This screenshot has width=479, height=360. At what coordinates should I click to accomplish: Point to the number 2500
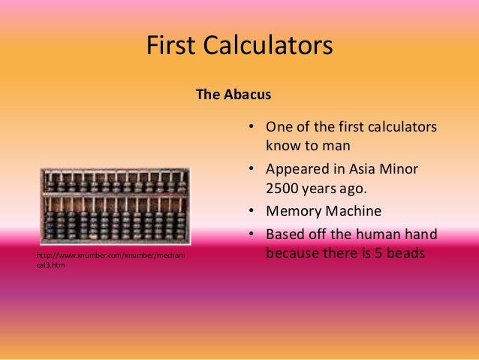282,188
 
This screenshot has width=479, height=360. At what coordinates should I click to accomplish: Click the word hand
420,235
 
